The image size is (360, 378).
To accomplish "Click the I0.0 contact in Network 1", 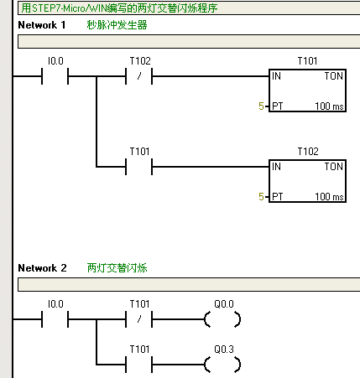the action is [x=55, y=76].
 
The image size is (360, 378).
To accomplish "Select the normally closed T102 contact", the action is [x=139, y=76].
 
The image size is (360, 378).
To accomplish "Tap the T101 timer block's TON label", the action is [x=333, y=76].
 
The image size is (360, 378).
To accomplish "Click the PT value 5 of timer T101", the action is [x=261, y=106].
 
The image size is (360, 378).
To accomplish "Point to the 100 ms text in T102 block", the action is [x=329, y=197].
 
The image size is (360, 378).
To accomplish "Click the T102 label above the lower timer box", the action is [x=308, y=152].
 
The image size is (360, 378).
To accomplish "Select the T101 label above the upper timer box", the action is [x=307, y=61].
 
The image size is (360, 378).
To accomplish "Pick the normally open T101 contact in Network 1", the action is [x=139, y=167].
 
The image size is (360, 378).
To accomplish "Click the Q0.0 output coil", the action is [x=222, y=319].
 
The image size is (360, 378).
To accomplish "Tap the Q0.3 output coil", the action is [x=222, y=365].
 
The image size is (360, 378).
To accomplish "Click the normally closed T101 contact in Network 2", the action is [x=139, y=319].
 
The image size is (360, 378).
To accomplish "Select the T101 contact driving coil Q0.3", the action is [x=139, y=365].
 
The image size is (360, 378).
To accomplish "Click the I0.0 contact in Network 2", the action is [x=55, y=319].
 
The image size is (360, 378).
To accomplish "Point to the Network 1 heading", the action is [x=42, y=25].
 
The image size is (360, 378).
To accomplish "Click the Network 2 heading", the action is [x=42, y=268].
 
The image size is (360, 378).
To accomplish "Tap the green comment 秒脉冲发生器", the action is [x=117, y=25].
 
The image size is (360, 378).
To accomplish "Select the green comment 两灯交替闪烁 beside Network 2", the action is [x=117, y=268].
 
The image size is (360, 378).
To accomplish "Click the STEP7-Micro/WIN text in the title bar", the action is [x=70, y=8].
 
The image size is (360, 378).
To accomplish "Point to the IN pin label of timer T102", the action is [x=276, y=167].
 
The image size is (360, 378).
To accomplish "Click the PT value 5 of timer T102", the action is [x=261, y=197].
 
